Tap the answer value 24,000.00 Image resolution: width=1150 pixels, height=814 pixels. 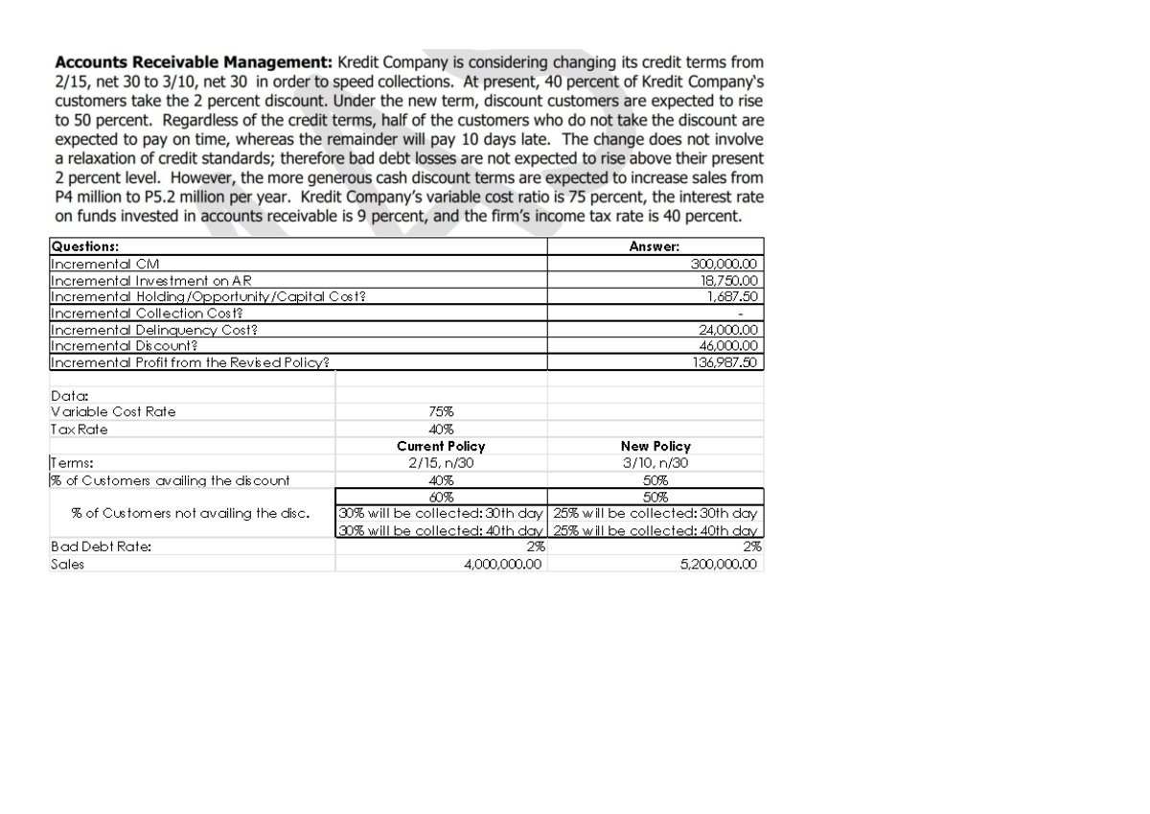[726, 330]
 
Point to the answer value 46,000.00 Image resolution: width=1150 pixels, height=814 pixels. [726, 346]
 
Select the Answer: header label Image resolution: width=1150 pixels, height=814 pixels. [655, 246]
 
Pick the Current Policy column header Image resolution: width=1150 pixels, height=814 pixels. [441, 447]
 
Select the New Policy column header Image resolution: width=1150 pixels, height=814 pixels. [655, 447]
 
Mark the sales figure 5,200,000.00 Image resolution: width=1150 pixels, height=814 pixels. [717, 565]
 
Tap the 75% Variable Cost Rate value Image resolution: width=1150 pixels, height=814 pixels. [441, 412]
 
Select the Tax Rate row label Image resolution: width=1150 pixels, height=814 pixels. [79, 430]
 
